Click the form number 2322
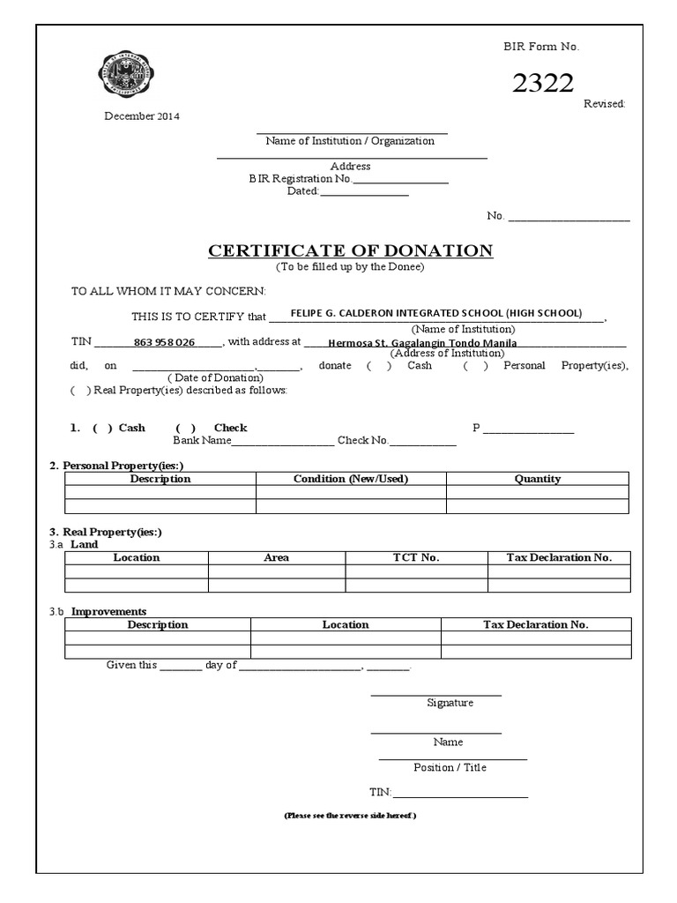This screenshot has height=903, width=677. [543, 83]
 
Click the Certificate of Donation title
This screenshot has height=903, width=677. [350, 250]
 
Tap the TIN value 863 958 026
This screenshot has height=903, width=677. [164, 342]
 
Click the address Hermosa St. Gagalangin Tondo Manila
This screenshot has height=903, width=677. [422, 343]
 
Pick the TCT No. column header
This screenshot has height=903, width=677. [416, 557]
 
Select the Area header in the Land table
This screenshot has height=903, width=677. [277, 557]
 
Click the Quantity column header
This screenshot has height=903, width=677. [537, 479]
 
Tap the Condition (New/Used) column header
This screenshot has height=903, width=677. [351, 479]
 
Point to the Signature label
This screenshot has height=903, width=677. [450, 703]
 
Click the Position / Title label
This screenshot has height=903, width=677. [450, 767]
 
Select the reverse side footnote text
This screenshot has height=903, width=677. [349, 816]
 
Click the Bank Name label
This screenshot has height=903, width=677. [202, 440]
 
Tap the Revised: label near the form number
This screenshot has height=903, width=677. [604, 104]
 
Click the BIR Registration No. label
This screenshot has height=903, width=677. [300, 179]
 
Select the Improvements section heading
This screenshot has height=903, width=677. [108, 611]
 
